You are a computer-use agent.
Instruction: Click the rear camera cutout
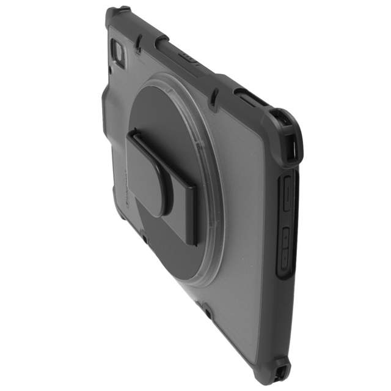pos(119,53)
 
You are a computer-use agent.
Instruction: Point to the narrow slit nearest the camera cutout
pos(140,43)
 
